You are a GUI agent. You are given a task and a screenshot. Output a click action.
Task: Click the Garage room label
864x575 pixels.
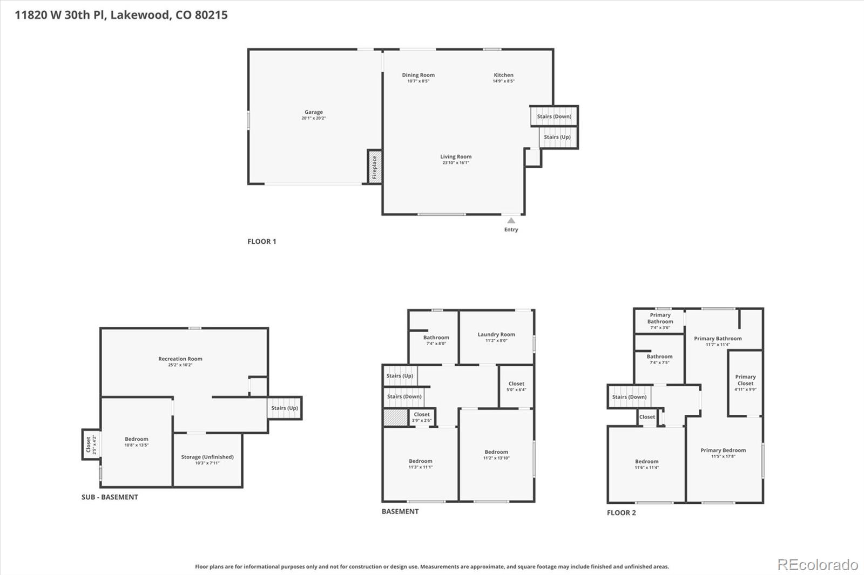click(313, 112)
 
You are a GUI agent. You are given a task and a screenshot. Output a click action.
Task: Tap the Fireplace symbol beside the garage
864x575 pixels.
click(374, 167)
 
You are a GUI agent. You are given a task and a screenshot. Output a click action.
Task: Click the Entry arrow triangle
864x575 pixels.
click(511, 220)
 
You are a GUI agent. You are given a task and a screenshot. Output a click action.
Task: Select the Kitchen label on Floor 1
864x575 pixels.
click(503, 75)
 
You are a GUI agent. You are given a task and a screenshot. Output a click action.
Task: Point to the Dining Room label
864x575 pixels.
click(418, 75)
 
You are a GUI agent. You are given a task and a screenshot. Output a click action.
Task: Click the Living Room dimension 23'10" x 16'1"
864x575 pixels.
click(456, 163)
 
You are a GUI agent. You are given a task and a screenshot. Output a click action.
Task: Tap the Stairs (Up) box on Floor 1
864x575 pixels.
click(557, 137)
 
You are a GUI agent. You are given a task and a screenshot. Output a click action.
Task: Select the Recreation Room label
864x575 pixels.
click(180, 359)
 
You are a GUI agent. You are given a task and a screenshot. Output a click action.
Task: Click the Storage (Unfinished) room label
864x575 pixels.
click(207, 457)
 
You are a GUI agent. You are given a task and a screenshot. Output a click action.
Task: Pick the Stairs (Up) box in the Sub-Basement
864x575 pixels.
click(285, 408)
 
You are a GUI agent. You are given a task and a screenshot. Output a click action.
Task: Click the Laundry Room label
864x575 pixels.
click(496, 334)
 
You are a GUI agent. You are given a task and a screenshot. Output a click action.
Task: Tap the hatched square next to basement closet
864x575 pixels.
click(395, 417)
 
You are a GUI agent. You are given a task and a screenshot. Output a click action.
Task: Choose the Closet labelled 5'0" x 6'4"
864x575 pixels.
click(516, 386)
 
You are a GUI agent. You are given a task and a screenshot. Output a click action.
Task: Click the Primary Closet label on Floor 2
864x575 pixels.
click(745, 380)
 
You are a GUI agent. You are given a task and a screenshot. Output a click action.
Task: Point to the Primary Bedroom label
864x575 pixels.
click(723, 450)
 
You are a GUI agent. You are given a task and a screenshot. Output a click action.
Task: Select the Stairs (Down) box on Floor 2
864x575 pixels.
click(629, 397)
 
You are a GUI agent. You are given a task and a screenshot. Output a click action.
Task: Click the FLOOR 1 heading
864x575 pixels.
click(262, 242)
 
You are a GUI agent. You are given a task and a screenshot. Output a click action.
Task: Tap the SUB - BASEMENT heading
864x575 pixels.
click(110, 497)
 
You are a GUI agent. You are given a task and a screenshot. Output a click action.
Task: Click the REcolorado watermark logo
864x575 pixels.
click(818, 565)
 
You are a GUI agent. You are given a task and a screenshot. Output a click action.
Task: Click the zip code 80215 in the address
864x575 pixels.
click(211, 15)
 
